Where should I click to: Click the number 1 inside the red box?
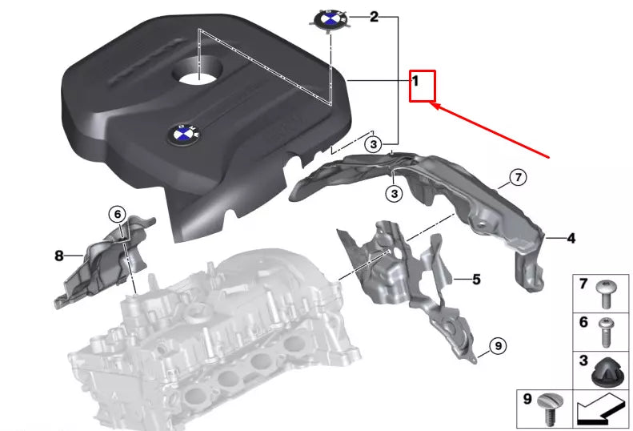[416, 81]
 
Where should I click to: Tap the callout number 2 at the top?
[373, 17]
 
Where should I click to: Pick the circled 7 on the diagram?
[518, 178]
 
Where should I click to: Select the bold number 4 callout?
[571, 238]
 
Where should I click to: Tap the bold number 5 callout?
[476, 280]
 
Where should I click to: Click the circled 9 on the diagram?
[497, 345]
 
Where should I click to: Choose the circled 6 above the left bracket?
[118, 214]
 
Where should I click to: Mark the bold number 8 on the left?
[58, 256]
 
